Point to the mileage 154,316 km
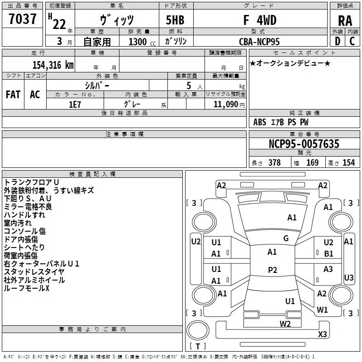[53, 65]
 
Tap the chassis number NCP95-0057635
[304, 144]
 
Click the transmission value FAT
[13, 95]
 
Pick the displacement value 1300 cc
[140, 42]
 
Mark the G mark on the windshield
[286, 238]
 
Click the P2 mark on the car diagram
[272, 270]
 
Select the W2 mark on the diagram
[285, 324]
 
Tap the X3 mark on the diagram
[322, 334]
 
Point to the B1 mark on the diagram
[329, 254]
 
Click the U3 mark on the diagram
[348, 277]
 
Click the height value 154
[348, 163]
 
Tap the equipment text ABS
[260, 122]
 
